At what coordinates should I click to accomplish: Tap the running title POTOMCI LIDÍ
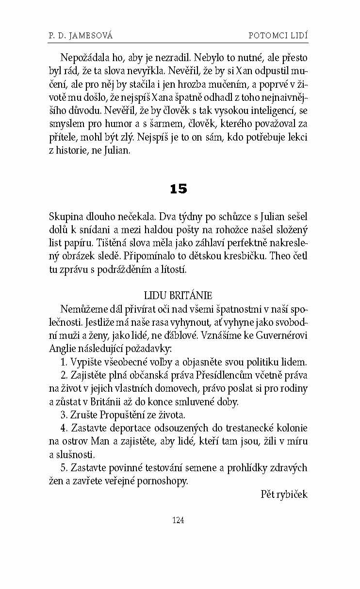278,35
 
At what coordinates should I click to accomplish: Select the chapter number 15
179,189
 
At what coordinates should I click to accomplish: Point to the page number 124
179,520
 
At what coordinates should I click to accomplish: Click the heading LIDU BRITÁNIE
178,295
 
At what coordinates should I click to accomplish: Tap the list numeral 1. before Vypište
65,362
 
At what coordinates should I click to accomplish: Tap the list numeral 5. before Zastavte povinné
65,468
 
